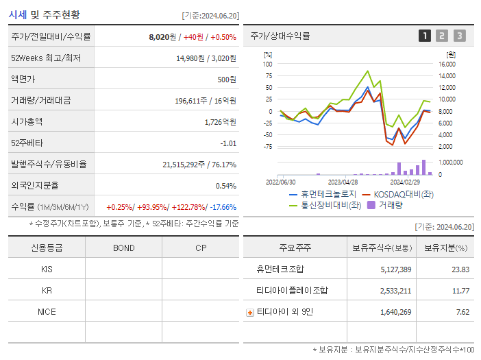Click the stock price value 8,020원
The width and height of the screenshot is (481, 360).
162,37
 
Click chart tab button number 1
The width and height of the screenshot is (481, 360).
425,36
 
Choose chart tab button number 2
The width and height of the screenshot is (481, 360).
442,36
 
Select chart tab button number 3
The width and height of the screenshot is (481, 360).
459,36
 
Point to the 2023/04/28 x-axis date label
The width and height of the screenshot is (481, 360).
343,182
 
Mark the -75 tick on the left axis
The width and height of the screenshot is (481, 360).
267,147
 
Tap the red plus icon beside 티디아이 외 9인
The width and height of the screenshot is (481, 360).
250,313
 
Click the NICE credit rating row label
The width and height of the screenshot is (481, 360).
47,312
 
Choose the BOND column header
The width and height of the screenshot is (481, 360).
123,248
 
